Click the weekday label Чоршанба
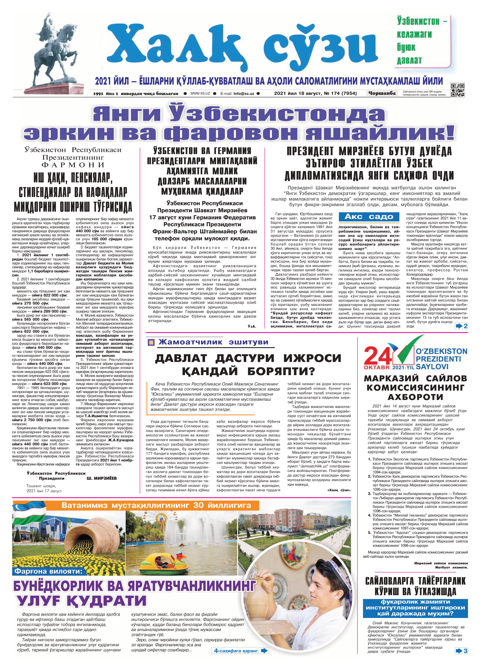(x=381, y=93)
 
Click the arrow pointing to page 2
(x=461, y=326)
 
